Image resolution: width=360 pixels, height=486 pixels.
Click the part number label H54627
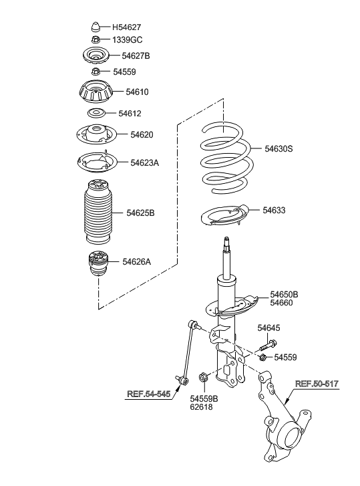[126, 27]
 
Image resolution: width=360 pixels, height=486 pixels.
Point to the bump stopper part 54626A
[96, 265]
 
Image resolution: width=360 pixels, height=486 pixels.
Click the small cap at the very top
[96, 27]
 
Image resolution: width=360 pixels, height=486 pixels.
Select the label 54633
[274, 210]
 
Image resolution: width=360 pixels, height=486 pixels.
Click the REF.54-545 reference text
[148, 394]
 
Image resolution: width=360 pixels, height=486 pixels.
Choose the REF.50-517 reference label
[317, 384]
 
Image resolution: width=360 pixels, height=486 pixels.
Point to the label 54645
[269, 328]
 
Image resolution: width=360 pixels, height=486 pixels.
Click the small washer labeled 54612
[96, 113]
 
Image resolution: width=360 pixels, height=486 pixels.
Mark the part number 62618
[201, 406]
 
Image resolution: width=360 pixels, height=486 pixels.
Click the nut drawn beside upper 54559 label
[96, 71]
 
